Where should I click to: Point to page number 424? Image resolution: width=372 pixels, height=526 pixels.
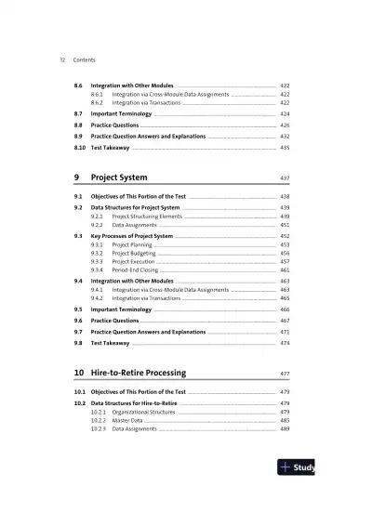tap(285, 113)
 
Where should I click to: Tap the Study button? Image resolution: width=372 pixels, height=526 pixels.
tap(298, 467)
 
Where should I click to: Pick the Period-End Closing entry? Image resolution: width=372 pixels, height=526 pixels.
tap(135, 270)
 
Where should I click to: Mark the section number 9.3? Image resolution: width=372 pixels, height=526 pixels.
tap(79, 236)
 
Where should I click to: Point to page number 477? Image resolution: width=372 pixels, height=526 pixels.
tap(285, 373)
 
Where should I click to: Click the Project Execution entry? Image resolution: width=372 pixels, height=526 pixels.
tap(134, 261)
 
